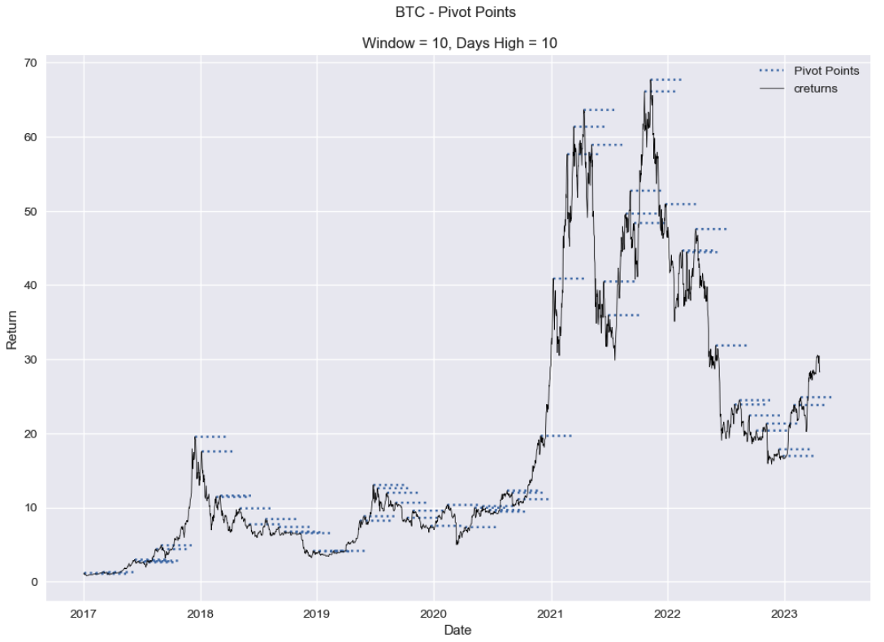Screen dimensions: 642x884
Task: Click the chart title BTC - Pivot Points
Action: (x=454, y=13)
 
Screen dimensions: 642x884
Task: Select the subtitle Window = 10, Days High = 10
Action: (x=459, y=44)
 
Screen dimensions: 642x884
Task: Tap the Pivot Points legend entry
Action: (x=826, y=71)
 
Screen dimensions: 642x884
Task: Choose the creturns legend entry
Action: (x=816, y=88)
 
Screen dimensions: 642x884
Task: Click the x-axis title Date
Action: (x=458, y=630)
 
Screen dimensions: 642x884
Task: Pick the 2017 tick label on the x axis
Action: (x=84, y=613)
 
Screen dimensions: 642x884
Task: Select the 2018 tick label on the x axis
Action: (x=200, y=613)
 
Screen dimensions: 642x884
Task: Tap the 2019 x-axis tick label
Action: (x=317, y=613)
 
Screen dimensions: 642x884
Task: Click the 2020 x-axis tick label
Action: (x=434, y=613)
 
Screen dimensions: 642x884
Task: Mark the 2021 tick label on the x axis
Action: (x=551, y=613)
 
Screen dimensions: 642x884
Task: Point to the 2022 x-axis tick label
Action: (x=668, y=613)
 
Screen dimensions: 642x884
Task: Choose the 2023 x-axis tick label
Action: (x=785, y=613)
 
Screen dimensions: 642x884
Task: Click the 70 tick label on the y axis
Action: (x=32, y=62)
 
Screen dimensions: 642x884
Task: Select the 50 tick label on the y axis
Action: (x=32, y=211)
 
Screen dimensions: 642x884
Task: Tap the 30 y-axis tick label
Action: (x=32, y=360)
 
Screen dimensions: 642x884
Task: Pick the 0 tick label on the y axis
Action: (x=35, y=582)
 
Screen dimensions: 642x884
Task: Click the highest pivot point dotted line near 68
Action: (x=666, y=80)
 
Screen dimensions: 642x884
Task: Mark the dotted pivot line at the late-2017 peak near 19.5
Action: (x=210, y=437)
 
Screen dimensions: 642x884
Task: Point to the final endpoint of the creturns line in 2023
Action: (x=819, y=372)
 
